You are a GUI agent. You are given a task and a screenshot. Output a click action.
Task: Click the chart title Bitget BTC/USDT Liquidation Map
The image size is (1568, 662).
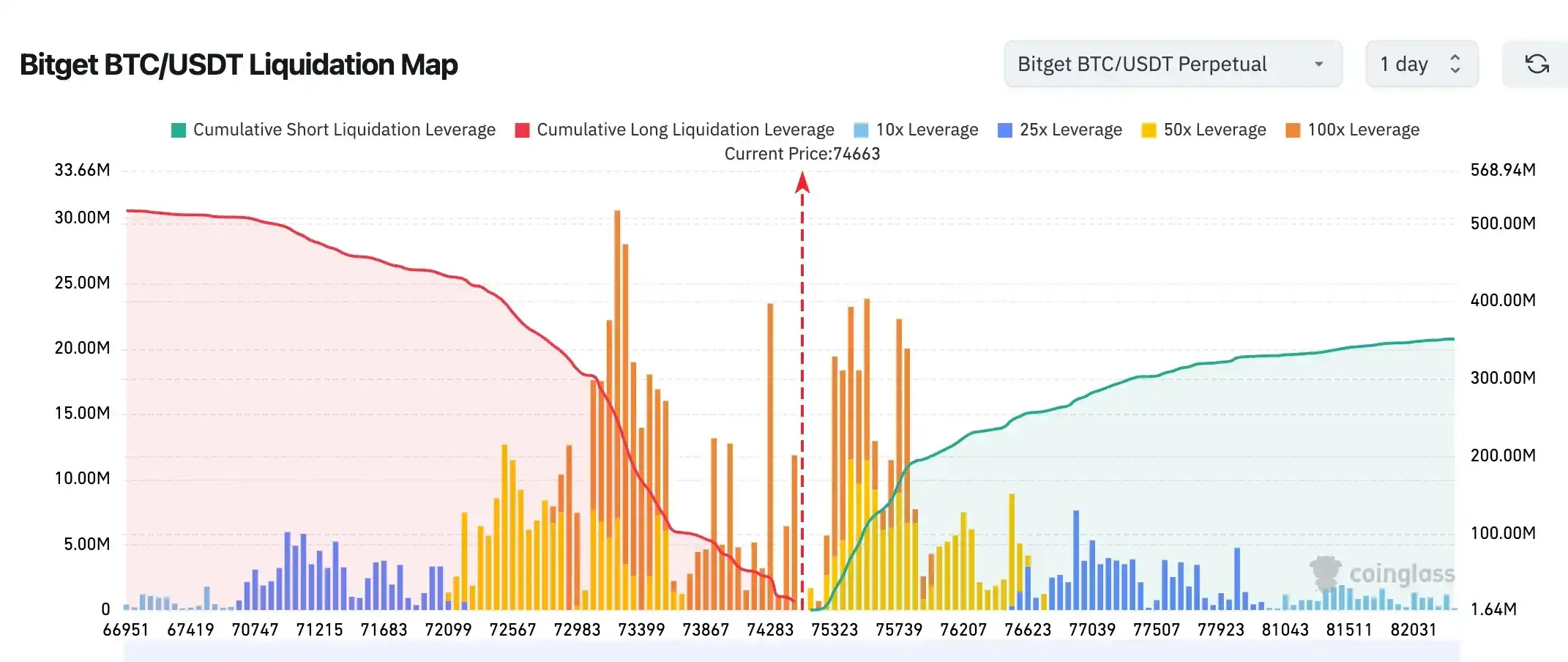(239, 64)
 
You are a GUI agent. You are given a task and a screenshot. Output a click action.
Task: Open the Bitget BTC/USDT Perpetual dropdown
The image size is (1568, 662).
(1172, 64)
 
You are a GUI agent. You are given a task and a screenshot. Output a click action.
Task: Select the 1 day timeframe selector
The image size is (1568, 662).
(1421, 64)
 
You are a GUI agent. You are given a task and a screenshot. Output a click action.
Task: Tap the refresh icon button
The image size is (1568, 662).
(1537, 64)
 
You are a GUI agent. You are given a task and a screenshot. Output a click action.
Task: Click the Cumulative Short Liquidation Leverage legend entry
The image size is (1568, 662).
(334, 130)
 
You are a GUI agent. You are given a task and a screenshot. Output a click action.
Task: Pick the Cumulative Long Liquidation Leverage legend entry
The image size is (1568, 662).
(675, 130)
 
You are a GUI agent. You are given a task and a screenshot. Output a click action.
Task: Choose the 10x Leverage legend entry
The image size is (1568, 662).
(916, 130)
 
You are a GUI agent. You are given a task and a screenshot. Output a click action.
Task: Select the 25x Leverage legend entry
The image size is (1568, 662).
(1060, 130)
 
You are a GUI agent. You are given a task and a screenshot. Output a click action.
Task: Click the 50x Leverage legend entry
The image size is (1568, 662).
(1204, 130)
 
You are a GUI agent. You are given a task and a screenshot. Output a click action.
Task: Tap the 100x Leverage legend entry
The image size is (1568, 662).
(1353, 130)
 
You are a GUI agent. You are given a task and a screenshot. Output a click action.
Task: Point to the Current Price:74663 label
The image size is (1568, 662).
(802, 154)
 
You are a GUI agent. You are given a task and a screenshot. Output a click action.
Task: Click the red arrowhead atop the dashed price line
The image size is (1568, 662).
(802, 182)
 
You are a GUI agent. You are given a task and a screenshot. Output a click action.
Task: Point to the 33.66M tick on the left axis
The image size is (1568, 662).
(82, 170)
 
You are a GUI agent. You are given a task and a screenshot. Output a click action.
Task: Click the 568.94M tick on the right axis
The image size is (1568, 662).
(1503, 170)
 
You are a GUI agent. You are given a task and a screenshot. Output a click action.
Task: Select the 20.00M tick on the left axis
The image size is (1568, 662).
(82, 348)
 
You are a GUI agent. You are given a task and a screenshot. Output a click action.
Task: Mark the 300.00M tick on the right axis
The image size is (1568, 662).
(1503, 378)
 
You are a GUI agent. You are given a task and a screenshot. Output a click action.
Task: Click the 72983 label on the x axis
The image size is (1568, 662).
(577, 630)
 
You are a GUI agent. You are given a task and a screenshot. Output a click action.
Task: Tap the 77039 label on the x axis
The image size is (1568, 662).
(1092, 630)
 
